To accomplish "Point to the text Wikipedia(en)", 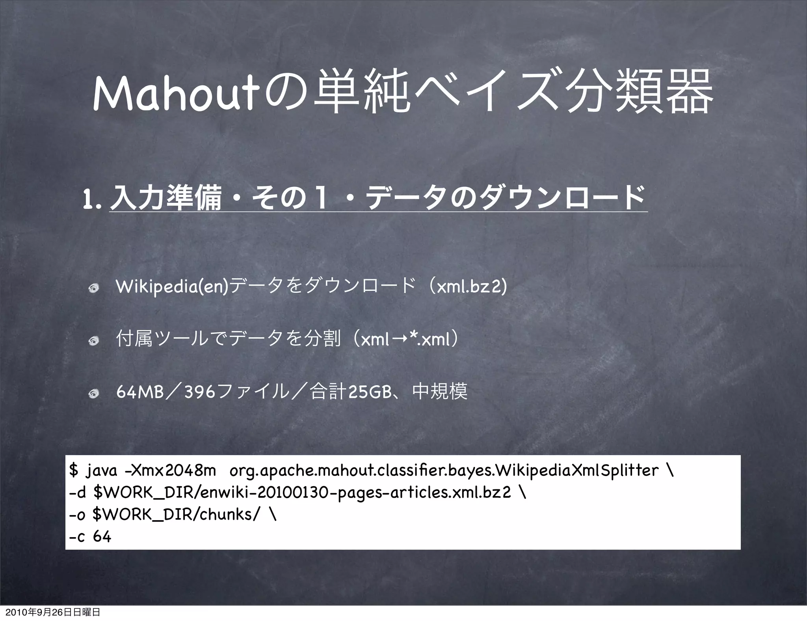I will [x=172, y=287].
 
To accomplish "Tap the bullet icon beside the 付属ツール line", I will [x=93, y=341].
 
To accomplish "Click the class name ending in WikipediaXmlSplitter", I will [x=444, y=470].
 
